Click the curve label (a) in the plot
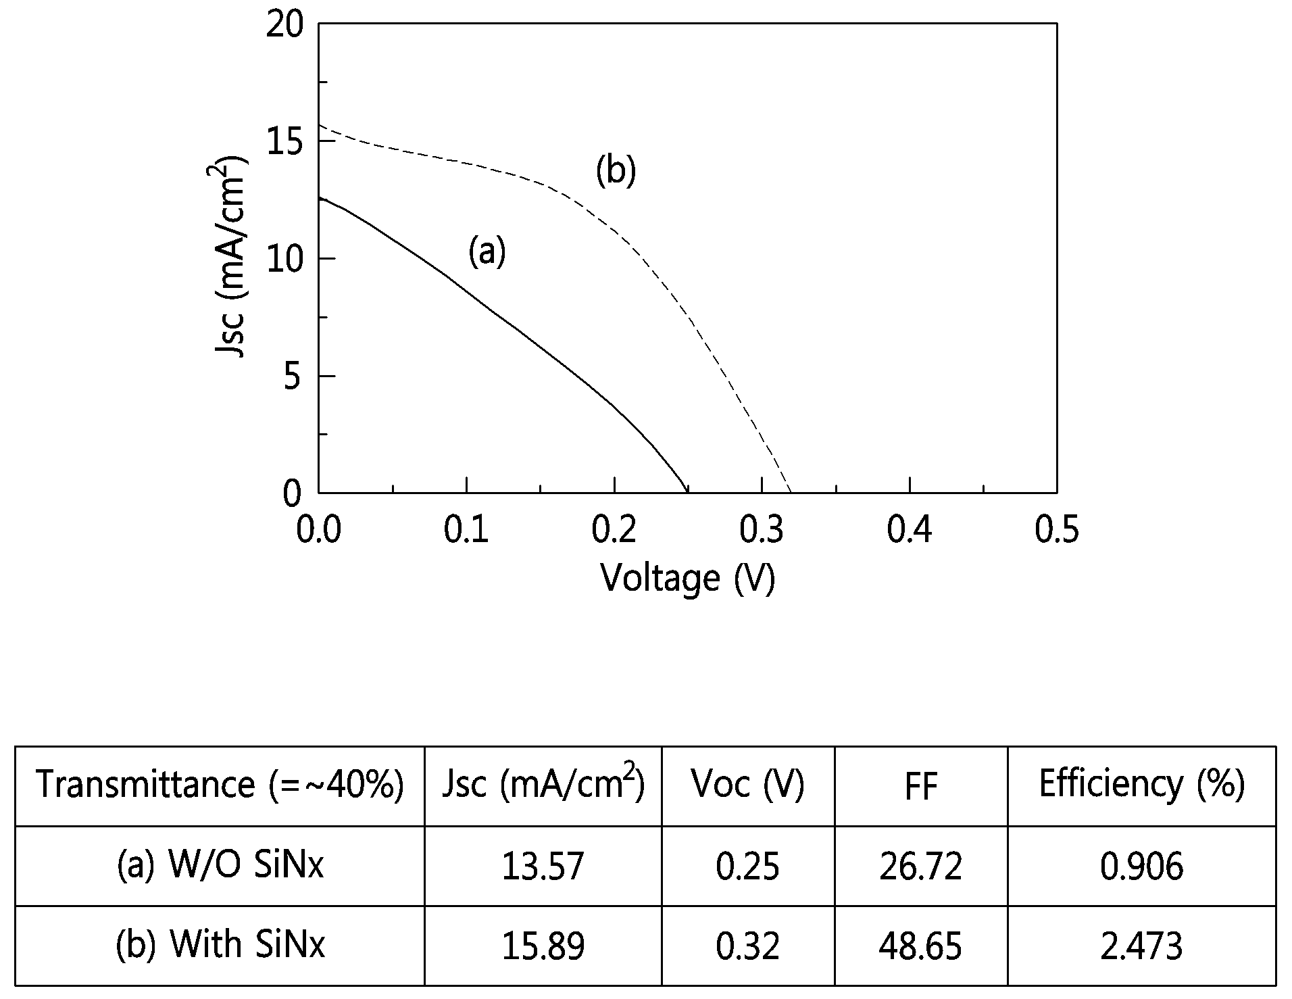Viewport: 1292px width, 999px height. [x=487, y=252]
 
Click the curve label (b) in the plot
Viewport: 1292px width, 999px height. [x=616, y=171]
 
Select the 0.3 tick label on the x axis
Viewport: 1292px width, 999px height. [x=762, y=530]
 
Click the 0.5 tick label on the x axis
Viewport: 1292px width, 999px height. [x=1057, y=530]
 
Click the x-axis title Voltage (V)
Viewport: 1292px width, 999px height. [x=688, y=579]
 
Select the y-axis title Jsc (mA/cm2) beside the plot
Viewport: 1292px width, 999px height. [x=230, y=258]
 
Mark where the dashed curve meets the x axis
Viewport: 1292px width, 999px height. [x=790, y=492]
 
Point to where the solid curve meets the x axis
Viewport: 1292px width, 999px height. [x=687, y=492]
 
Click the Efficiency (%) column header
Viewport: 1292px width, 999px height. [x=1141, y=785]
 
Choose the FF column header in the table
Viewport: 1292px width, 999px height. [x=920, y=786]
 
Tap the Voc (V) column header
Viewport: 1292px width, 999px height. [x=747, y=785]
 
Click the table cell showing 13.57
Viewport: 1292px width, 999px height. [x=543, y=867]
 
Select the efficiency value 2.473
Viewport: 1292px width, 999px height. [x=1141, y=946]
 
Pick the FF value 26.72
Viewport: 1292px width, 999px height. [x=920, y=867]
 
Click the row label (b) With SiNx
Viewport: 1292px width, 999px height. [x=220, y=944]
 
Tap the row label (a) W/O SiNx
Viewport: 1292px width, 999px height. [x=220, y=865]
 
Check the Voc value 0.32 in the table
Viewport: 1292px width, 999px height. [x=747, y=946]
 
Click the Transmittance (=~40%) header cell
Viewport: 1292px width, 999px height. [x=220, y=785]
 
